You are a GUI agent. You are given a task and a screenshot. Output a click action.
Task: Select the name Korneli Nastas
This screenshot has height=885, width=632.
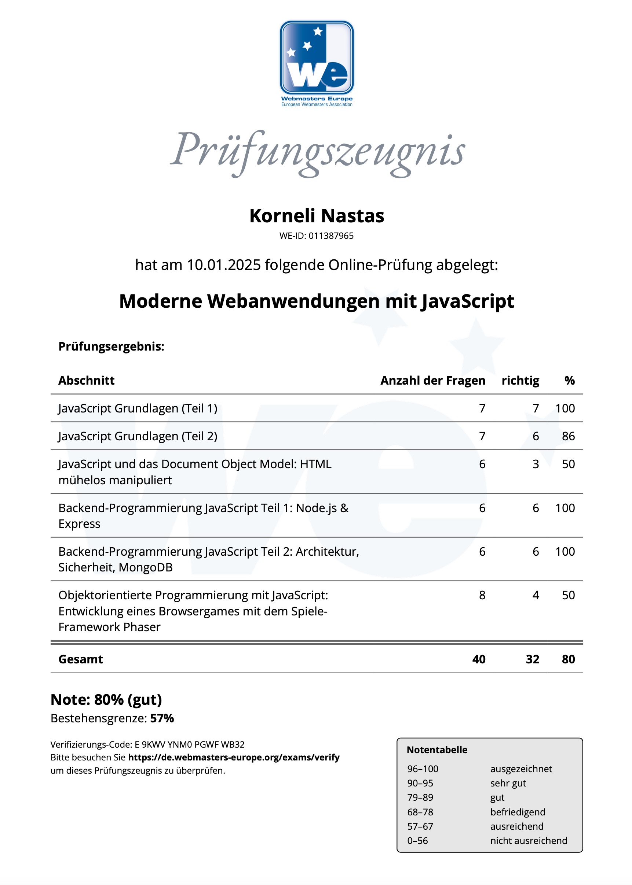(317, 216)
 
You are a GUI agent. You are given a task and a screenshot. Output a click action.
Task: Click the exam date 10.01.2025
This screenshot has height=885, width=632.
(224, 265)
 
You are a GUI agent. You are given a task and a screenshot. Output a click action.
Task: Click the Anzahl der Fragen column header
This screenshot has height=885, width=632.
(432, 381)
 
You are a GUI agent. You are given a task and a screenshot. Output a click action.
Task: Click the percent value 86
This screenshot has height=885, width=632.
(568, 436)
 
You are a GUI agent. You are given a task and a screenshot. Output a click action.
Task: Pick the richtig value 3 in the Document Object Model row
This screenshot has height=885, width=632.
(536, 464)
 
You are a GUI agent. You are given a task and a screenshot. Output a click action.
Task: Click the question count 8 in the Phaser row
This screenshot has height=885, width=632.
(482, 595)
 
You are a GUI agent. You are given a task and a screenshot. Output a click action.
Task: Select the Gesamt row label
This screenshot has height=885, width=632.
(81, 659)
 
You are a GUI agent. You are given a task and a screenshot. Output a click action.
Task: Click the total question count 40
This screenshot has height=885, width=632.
(478, 659)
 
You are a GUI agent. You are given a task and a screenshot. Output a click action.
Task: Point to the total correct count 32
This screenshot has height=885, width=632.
(532, 659)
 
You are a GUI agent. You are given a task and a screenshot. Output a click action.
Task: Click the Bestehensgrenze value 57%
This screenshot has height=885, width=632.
(162, 718)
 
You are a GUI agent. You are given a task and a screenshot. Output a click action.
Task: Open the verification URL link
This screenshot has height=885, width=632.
(234, 757)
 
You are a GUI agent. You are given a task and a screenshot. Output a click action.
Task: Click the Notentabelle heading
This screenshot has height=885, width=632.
(436, 750)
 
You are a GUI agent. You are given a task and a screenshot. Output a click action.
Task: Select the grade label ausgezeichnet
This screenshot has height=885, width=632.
(521, 769)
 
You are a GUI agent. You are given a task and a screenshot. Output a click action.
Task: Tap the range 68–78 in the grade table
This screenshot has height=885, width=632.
(420, 812)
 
